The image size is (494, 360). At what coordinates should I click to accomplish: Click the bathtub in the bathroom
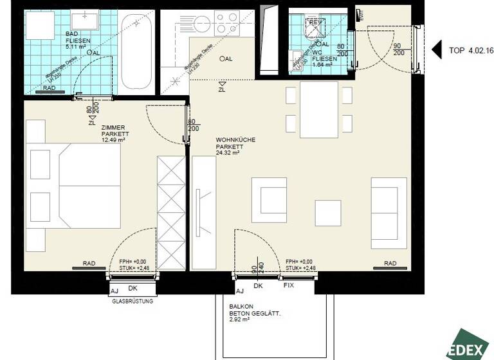135,51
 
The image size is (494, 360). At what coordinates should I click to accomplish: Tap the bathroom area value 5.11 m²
76,46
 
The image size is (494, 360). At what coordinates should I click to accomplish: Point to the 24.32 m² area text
228,153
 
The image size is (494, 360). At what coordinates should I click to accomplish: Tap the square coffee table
327,213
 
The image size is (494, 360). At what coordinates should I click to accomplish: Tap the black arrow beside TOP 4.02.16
436,50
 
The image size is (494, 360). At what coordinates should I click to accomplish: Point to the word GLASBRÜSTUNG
132,300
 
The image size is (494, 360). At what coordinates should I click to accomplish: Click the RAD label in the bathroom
48,87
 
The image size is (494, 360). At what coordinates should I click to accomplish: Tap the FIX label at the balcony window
289,285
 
